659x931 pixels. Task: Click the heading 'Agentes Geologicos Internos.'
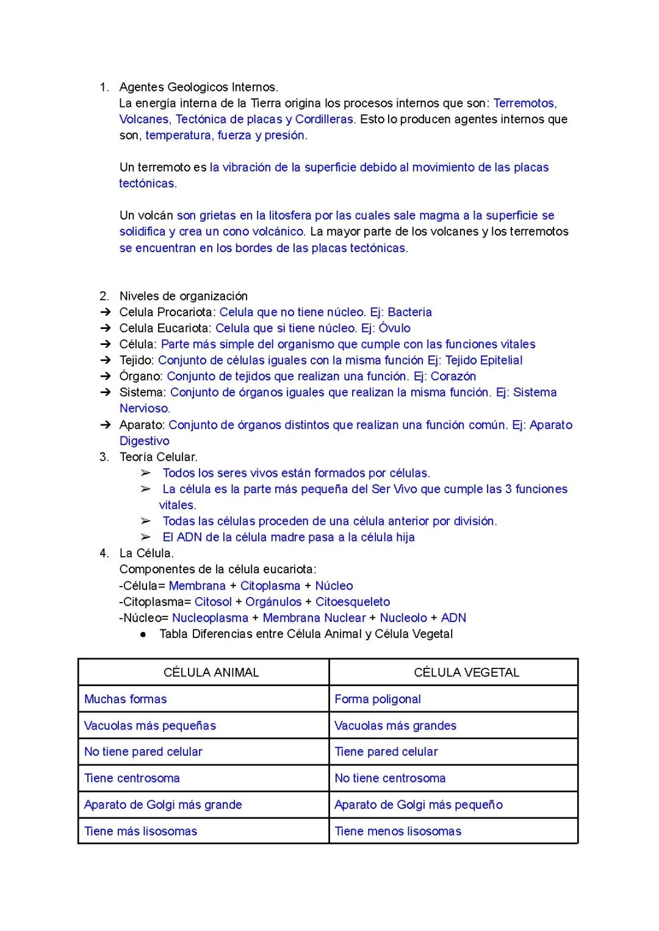point(198,87)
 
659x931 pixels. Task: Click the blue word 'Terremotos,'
point(525,103)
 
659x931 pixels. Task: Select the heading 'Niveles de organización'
point(183,296)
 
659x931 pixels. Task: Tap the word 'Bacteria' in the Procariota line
point(409,312)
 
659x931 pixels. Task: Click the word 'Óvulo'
point(394,328)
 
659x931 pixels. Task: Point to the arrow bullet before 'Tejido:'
point(106,360)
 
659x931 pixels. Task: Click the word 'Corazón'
point(453,376)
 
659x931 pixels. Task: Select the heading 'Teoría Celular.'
point(158,457)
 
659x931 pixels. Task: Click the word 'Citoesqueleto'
point(352,601)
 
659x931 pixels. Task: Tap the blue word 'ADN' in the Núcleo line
point(453,618)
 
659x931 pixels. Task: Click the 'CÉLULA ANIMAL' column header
point(211,672)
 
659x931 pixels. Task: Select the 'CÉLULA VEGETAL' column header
point(466,672)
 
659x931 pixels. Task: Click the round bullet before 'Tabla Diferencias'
point(143,634)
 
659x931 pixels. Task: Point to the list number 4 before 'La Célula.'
point(104,553)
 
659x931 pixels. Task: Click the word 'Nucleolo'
point(403,618)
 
